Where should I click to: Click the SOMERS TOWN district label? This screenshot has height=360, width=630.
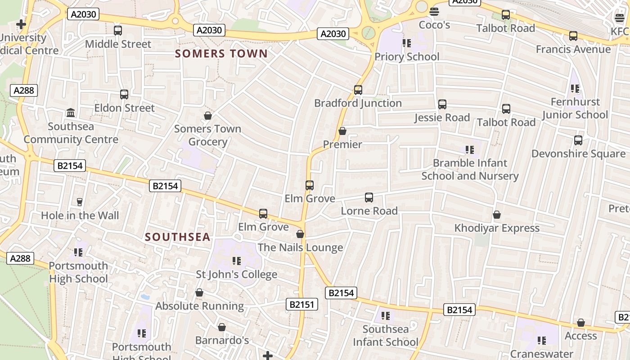tap(221, 54)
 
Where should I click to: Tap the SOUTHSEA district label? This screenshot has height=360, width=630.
tap(177, 237)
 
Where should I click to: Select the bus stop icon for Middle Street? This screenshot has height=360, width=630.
tap(118, 31)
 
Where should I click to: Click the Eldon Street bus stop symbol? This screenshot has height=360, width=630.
tap(124, 94)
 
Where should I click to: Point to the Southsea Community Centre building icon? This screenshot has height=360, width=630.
tap(71, 112)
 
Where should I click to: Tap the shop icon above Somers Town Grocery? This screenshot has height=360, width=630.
tap(208, 116)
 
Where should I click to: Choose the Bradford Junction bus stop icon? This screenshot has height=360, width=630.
tap(358, 90)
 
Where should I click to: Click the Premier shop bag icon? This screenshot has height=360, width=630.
tap(342, 131)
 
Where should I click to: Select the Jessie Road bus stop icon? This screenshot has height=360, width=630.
tap(442, 104)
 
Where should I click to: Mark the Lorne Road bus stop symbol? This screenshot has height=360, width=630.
tap(369, 197)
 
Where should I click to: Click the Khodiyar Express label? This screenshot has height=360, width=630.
tap(497, 228)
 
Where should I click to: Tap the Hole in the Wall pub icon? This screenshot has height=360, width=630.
tap(80, 202)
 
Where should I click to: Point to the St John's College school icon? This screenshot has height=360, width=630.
tap(237, 261)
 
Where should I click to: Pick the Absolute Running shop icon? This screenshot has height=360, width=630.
tap(199, 293)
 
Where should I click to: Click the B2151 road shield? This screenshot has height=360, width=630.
tap(302, 305)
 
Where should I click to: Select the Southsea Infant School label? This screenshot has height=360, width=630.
tap(386, 336)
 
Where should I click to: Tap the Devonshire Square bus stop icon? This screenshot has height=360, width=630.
tap(578, 140)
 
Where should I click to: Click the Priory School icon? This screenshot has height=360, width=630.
tap(407, 43)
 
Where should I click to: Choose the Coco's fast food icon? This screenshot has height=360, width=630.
tap(434, 11)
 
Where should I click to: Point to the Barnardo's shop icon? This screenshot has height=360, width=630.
tap(222, 327)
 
